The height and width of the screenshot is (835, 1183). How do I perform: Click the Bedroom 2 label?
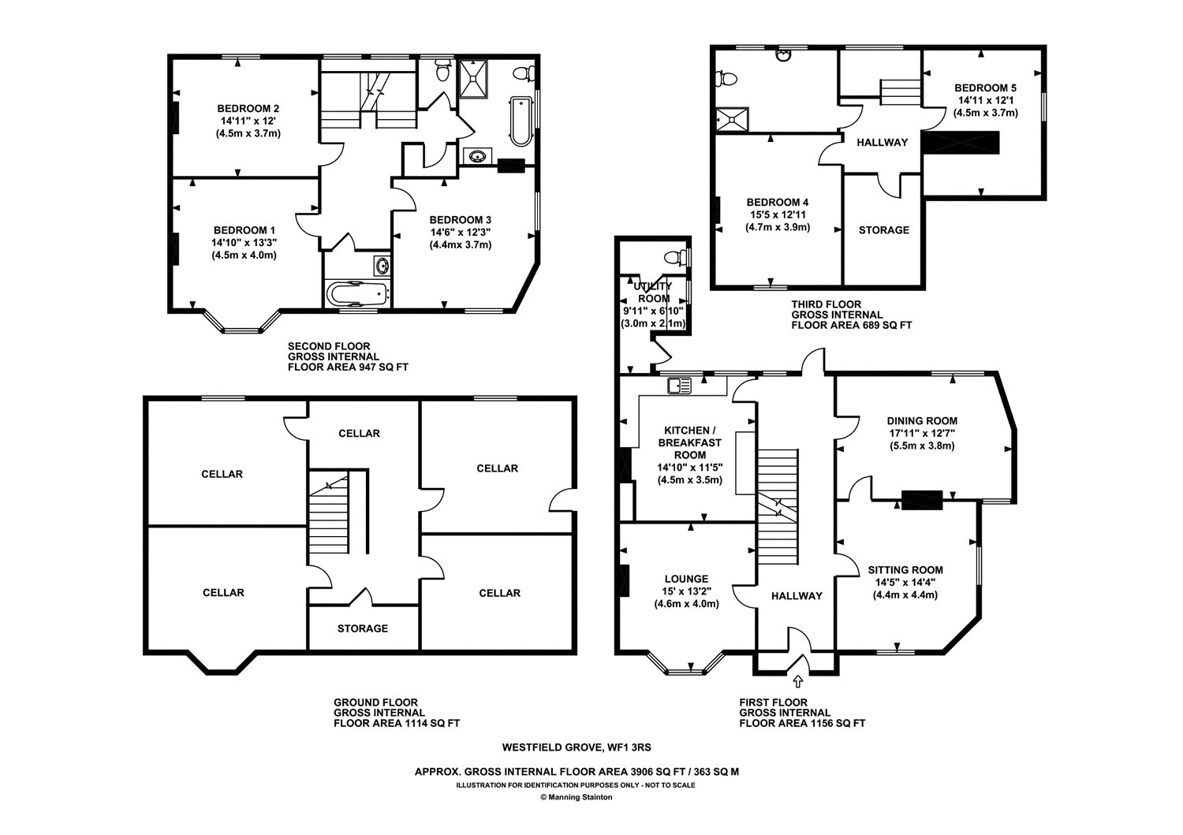(x=248, y=109)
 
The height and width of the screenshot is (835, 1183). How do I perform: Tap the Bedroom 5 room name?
(x=985, y=88)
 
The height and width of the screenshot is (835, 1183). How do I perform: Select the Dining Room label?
(x=922, y=421)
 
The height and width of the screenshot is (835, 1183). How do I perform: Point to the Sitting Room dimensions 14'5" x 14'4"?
(x=905, y=583)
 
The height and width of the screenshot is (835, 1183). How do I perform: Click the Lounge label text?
(x=687, y=579)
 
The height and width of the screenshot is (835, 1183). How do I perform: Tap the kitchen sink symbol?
(x=679, y=386)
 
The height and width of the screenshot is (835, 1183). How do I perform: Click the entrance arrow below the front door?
(x=797, y=681)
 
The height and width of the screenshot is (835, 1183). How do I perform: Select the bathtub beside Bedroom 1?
(x=358, y=293)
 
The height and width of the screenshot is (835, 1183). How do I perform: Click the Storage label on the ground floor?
(x=363, y=628)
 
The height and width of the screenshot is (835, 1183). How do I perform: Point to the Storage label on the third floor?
(x=884, y=230)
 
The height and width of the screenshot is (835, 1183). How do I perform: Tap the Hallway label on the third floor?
(x=882, y=142)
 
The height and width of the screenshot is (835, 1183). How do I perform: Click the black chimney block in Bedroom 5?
(x=961, y=143)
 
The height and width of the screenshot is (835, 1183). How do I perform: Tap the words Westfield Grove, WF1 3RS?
(x=577, y=747)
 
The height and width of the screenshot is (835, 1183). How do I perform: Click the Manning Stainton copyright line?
(x=577, y=797)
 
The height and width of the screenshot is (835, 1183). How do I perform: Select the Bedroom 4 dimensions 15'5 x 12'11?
(x=778, y=215)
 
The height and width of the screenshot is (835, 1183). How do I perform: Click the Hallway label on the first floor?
(x=797, y=596)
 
